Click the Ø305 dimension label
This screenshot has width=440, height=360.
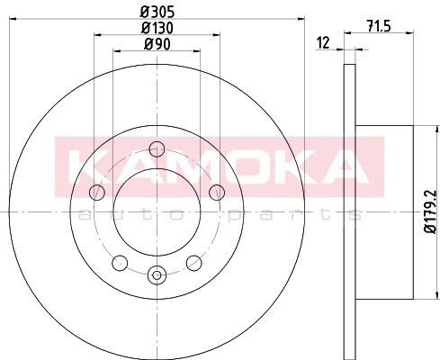click(157, 13)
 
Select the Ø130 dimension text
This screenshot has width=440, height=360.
click(157, 28)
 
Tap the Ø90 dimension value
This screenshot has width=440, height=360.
click(157, 44)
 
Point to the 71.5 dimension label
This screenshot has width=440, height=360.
click(379, 26)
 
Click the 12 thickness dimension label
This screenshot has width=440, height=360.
click(323, 42)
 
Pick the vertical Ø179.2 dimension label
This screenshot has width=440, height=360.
click(431, 211)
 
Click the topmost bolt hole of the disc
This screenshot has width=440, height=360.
click(157, 149)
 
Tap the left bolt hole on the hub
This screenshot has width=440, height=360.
click(97, 193)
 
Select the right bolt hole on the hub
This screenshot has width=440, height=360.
click(217, 193)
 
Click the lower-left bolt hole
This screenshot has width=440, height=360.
click(120, 263)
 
